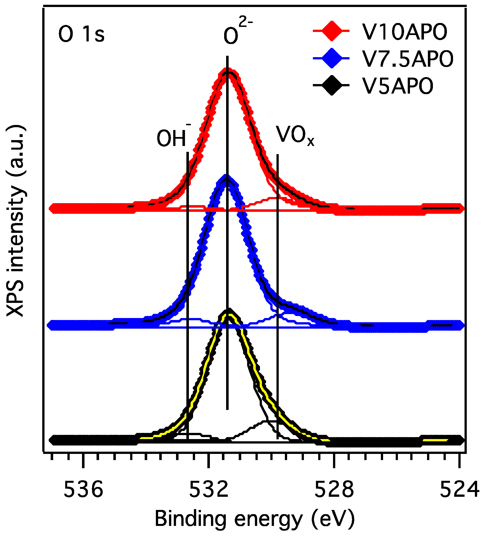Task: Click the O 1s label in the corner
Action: pyautogui.click(x=81, y=35)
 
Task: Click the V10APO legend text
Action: pyautogui.click(x=405, y=32)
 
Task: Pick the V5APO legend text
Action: pyautogui.click(x=398, y=86)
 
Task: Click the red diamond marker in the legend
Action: pyautogui.click(x=332, y=31)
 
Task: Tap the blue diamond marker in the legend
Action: pyautogui.click(x=332, y=58)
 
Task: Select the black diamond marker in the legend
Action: pyautogui.click(x=332, y=85)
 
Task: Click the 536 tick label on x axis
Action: pyautogui.click(x=83, y=489)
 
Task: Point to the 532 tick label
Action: pyautogui.click(x=208, y=489)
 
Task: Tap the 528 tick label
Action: pyautogui.click(x=334, y=489)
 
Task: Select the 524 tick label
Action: pyautogui.click(x=459, y=489)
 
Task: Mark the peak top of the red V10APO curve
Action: pyautogui.click(x=227, y=72)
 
